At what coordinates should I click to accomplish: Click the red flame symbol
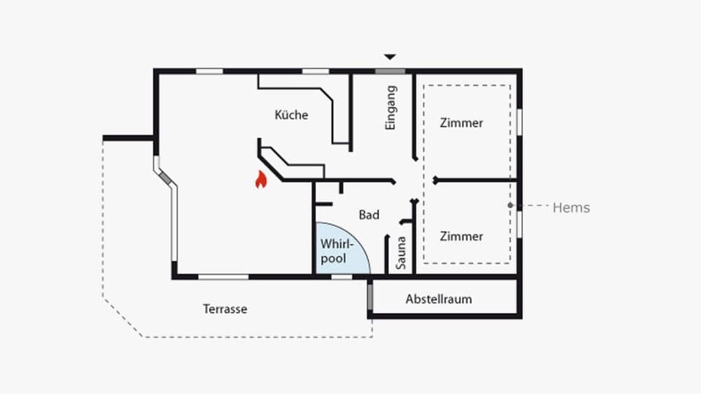[x=260, y=179]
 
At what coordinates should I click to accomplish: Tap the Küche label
[x=291, y=115]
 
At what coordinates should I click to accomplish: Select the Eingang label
[x=391, y=108]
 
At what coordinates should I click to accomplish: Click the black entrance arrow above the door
[x=391, y=56]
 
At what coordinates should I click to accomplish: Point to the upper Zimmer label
[x=461, y=123]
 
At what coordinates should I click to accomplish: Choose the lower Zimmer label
[x=461, y=236]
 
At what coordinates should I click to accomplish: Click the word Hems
[x=571, y=208]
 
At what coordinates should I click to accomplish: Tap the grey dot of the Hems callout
[x=510, y=206]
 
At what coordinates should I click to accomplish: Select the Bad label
[x=369, y=215]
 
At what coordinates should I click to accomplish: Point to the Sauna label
[x=401, y=253]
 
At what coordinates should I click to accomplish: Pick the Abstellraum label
[x=439, y=299]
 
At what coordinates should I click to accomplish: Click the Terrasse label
[x=225, y=309]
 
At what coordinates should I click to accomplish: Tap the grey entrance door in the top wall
[x=391, y=71]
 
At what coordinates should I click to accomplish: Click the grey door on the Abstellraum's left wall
[x=370, y=296]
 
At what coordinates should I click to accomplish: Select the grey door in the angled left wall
[x=166, y=177]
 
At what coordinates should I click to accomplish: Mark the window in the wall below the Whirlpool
[x=342, y=277]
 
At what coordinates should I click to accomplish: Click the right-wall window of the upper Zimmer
[x=519, y=121]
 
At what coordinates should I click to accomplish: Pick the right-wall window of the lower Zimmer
[x=519, y=224]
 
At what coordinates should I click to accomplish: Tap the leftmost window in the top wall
[x=210, y=71]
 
